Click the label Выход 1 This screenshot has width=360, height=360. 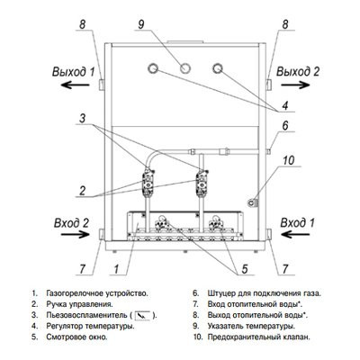pos(74,72)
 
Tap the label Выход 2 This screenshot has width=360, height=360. pos(298,72)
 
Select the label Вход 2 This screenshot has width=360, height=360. pos(71,223)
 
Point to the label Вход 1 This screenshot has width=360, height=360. pos(298,223)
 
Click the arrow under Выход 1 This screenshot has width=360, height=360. pos(76,85)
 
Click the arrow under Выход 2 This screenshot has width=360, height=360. pos(295,85)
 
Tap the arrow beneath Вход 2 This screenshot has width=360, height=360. pos(76,234)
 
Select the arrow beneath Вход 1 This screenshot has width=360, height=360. pos(295,234)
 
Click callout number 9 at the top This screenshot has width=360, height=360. pos(141,24)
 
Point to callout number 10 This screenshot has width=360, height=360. pos(289,160)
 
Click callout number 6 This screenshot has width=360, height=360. pos(285,126)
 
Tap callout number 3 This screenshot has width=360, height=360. pos(82,119)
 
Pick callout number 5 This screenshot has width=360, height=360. pos(245,269)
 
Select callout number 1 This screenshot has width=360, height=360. pos(116,269)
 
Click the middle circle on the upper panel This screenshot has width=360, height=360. pos(185,68)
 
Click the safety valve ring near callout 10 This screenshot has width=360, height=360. pos(251,203)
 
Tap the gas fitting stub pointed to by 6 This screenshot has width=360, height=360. pos(268,151)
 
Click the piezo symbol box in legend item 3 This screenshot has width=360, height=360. pos(143,316)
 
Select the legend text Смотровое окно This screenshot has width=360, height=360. pos(76,337)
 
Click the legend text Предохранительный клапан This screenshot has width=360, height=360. pos(258,337)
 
